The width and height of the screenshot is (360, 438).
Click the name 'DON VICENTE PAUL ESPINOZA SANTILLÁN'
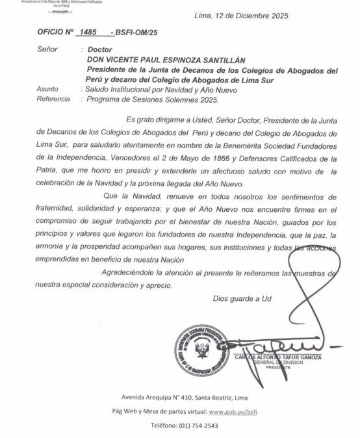(172, 59)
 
